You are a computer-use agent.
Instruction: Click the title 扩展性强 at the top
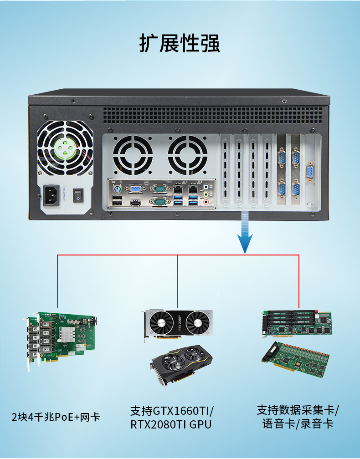point(180,43)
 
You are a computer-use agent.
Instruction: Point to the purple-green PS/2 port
point(117,188)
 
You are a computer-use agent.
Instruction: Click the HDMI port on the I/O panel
point(134,202)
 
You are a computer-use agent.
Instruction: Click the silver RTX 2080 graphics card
point(178,323)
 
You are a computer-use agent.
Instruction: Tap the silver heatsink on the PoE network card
point(69,335)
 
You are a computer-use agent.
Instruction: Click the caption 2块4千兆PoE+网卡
point(56,417)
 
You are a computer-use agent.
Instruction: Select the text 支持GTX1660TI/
point(172,411)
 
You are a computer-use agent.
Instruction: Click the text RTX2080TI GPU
point(171,425)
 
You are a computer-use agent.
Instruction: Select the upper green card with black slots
point(297,322)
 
